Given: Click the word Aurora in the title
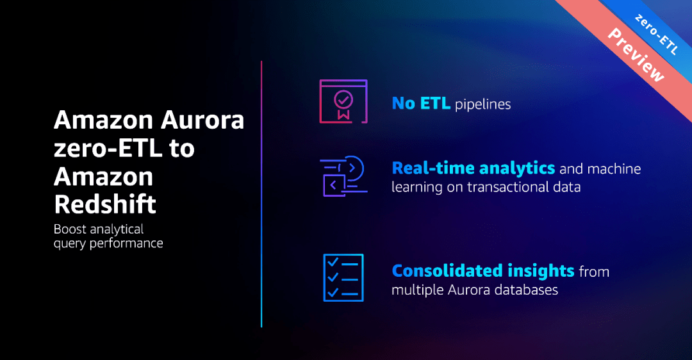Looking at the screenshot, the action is (202, 120).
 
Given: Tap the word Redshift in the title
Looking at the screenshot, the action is (105, 204).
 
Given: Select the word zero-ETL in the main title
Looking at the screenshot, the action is (108, 148).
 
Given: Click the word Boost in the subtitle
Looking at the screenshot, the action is (70, 229).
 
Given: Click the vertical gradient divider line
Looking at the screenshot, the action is (261, 194).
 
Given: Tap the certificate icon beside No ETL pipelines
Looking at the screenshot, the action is (343, 101).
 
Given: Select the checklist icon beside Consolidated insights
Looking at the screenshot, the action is (343, 277).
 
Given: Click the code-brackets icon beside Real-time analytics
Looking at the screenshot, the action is (343, 176).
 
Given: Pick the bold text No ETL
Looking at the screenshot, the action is (421, 104).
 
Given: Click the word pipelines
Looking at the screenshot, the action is (483, 104).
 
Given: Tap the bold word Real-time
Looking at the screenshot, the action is (433, 168).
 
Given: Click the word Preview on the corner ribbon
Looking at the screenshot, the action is (636, 54).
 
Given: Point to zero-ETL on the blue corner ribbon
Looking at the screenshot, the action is (656, 35).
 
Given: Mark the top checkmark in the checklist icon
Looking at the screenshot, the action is (333, 263).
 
